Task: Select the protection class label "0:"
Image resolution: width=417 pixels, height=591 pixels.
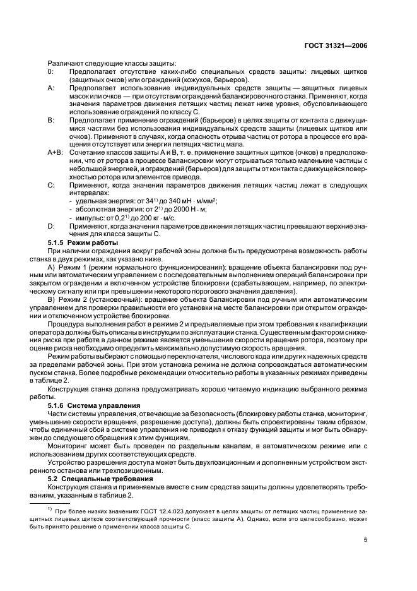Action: pyautogui.click(x=50, y=72)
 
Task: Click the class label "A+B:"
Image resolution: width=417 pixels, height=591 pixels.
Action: pyautogui.click(x=55, y=153)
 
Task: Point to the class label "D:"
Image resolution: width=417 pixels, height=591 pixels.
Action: pyautogui.click(x=50, y=225)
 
